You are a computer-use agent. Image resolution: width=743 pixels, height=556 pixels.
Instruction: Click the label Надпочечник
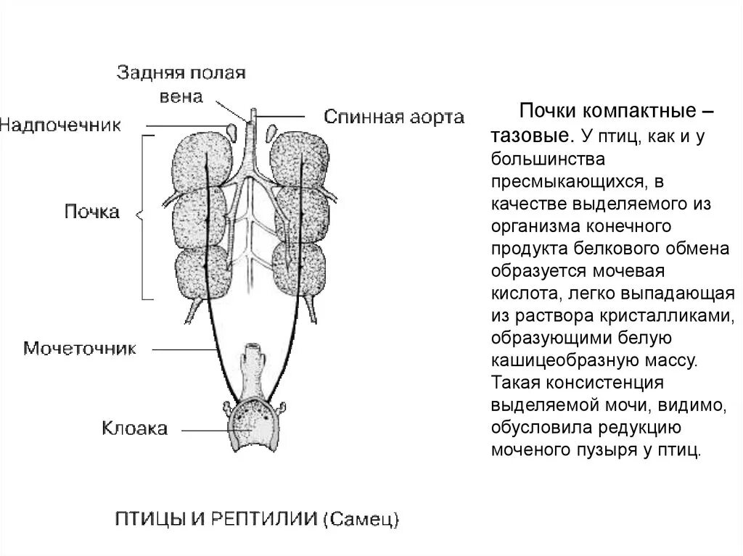[x=60, y=124]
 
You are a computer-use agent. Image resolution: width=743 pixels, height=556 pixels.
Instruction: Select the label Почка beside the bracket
[x=91, y=212]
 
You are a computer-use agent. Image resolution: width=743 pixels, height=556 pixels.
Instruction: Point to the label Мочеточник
[x=80, y=348]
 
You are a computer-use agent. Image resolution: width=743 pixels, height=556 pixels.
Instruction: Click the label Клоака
[x=134, y=428]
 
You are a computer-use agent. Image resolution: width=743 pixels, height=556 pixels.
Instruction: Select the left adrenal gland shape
[x=233, y=132]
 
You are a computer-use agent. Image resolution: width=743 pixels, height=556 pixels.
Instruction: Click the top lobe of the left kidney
[x=200, y=163]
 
